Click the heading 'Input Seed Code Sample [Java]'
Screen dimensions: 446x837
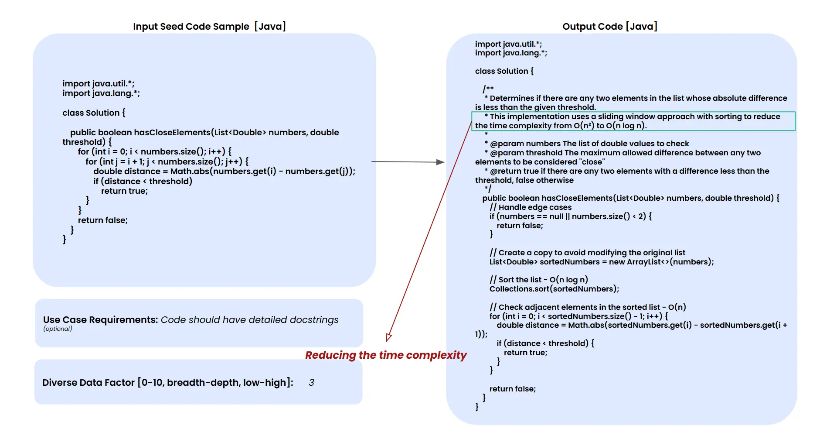[209, 27]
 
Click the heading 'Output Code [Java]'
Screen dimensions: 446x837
[609, 27]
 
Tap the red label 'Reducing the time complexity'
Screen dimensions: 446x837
[385, 355]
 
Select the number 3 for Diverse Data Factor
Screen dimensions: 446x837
[311, 383]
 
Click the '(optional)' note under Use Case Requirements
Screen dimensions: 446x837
[58, 329]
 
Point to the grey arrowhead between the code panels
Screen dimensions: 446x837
[440, 162]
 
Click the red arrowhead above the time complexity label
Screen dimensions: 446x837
[388, 337]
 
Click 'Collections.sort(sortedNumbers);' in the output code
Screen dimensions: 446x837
[554, 289]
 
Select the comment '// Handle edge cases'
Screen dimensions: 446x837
[530, 207]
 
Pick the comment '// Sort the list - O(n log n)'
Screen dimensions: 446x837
[538, 280]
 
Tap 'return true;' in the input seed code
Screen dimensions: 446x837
[124, 191]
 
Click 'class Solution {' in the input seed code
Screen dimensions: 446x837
[94, 113]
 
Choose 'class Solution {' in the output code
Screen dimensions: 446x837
[504, 71]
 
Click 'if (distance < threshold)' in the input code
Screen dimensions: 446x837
[143, 182]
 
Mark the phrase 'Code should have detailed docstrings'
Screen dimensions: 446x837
[249, 320]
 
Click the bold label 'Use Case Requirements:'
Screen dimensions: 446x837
[100, 320]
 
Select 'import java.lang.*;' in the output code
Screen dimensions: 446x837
[511, 53]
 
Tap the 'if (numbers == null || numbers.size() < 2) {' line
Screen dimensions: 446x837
[570, 216]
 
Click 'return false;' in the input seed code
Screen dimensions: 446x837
[103, 220]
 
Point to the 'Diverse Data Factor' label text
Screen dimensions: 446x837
[88, 383]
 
